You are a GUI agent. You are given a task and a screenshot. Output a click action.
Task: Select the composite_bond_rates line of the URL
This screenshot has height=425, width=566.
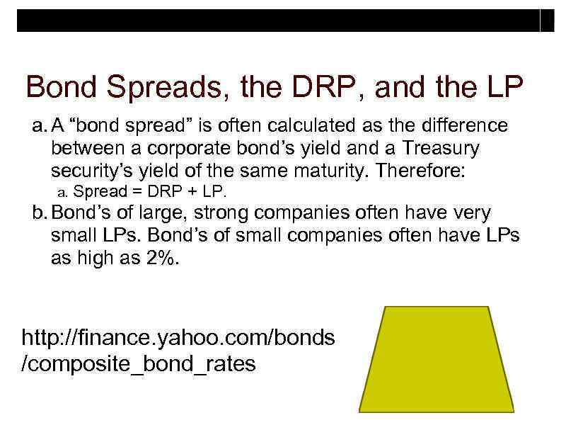[x=139, y=365]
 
